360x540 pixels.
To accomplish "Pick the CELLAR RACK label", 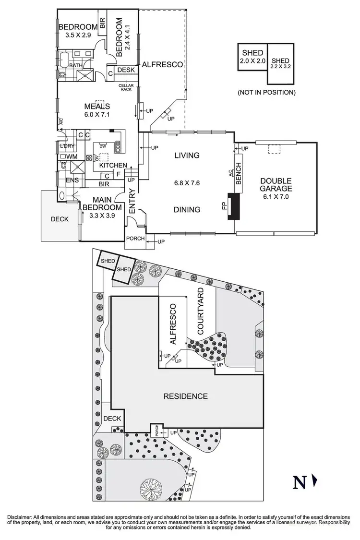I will pos(125,87).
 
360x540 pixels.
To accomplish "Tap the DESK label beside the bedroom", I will pos(126,70).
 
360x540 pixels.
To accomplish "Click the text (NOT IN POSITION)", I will pos(266,92).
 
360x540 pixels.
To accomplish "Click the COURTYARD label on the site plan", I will pos(201,311).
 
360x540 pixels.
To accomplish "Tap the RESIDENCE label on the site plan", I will pos(185,396).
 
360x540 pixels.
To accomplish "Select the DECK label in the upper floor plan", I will pos(59,219).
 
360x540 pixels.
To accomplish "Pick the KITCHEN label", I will pos(113,166).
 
